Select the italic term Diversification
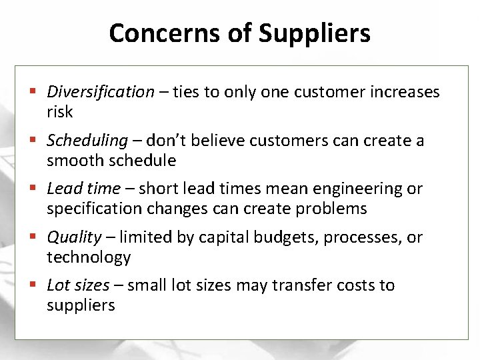click(x=101, y=92)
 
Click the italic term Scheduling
click(x=87, y=141)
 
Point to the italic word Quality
click(x=75, y=237)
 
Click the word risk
click(x=59, y=112)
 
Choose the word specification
click(x=93, y=209)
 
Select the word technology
click(x=89, y=257)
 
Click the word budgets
click(x=289, y=237)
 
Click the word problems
click(x=331, y=209)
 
